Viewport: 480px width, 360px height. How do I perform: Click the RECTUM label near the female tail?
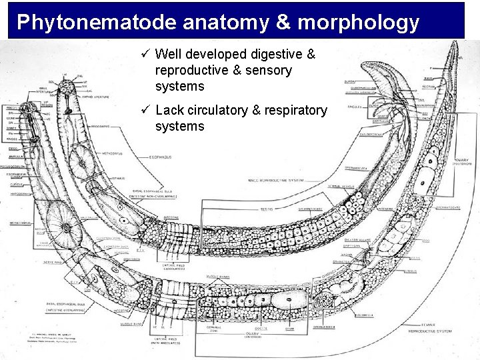point(438,86)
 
